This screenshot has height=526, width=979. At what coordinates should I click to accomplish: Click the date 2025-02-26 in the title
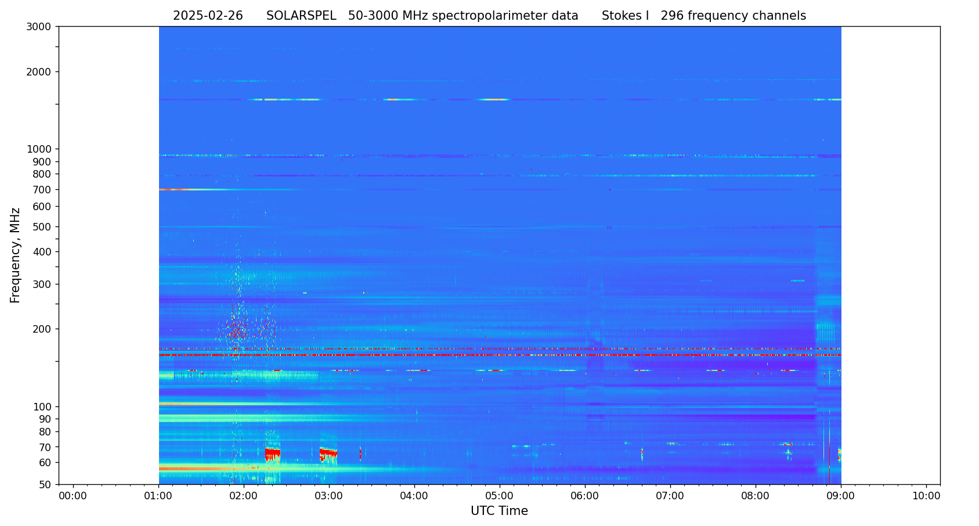coord(208,16)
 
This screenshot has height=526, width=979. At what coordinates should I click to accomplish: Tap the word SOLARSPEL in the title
coord(301,16)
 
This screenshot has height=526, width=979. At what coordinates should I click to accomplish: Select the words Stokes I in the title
coord(625,16)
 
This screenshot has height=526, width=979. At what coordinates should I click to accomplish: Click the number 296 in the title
coord(672,16)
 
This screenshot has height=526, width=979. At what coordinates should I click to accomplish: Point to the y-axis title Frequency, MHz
coord(16,255)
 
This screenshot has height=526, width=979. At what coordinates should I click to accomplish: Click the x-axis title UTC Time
coord(499,511)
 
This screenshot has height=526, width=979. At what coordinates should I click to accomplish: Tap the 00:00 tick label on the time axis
coord(73,496)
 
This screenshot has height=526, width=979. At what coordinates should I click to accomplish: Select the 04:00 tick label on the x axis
coord(414,496)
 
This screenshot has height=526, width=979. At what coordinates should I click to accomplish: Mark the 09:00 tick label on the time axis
coord(840,496)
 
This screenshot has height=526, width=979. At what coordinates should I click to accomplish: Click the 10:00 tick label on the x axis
coord(926,496)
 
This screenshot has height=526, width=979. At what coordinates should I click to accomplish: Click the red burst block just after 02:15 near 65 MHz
coord(273,452)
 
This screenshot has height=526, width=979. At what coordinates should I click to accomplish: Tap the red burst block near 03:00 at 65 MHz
coord(328,452)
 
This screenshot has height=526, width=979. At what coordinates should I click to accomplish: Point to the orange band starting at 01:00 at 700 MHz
coord(172,189)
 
